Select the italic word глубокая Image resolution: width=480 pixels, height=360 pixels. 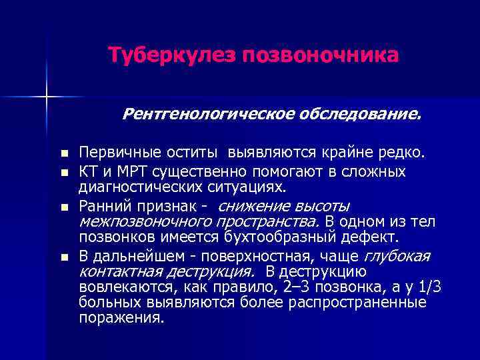coord(397,257)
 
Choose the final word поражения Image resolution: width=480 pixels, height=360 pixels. coord(121,318)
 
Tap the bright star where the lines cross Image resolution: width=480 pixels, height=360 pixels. coord(47,96)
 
